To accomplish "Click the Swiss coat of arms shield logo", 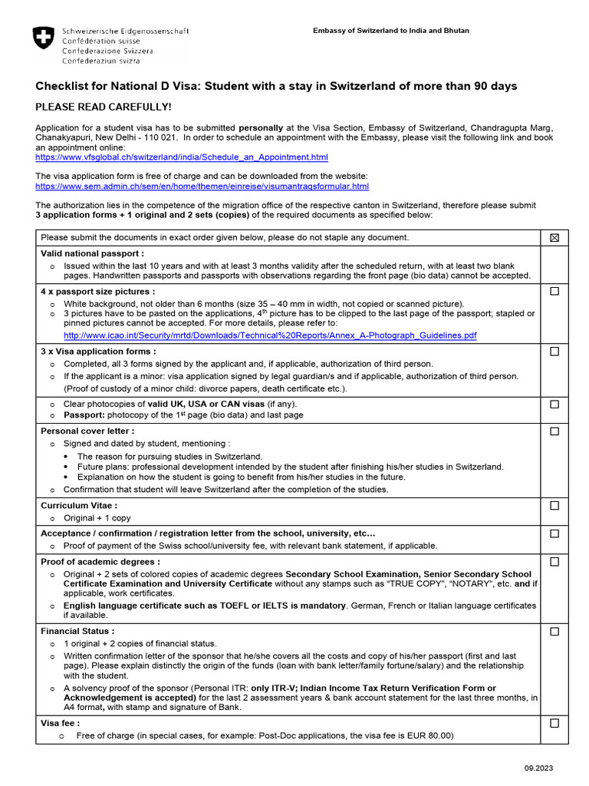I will (44, 38).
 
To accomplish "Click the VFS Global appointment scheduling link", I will (182, 157).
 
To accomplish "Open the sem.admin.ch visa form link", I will (202, 187).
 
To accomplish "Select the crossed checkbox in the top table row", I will (554, 238).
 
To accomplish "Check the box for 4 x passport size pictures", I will (554, 292).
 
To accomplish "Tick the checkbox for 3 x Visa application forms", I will (554, 352).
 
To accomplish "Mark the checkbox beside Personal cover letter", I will (554, 432).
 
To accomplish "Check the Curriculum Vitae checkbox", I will (554, 506).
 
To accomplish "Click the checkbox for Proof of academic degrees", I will (554, 562).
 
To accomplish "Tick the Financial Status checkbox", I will (554, 632).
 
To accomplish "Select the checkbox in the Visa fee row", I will (554, 723).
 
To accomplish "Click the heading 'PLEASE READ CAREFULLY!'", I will (104, 107).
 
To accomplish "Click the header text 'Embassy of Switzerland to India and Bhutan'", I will (390, 31).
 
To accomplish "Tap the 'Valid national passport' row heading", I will (92, 253).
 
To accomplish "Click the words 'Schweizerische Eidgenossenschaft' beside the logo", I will (125, 31).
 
